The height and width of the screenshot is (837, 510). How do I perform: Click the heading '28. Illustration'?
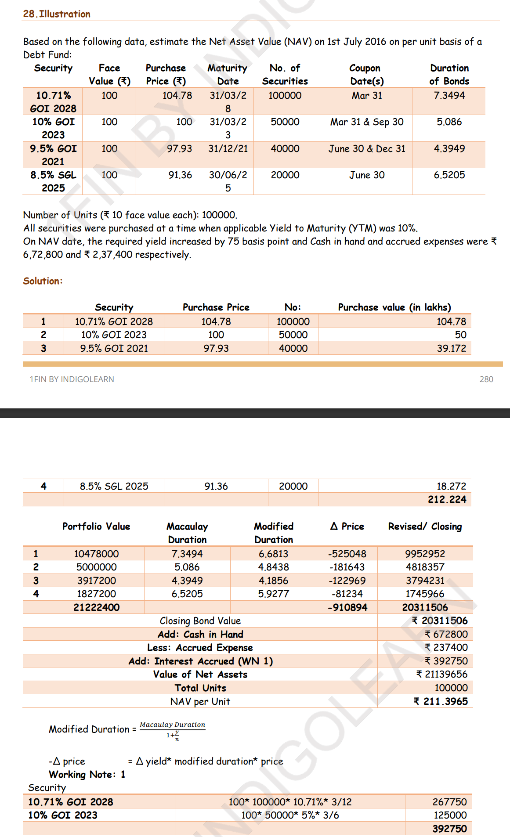[57, 14]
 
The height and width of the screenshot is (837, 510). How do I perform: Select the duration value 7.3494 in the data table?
[449, 95]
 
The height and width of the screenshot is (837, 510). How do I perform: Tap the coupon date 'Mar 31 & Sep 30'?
[367, 122]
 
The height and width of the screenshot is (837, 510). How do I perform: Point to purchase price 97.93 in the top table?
[179, 149]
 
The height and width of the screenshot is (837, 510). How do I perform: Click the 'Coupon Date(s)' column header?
[366, 75]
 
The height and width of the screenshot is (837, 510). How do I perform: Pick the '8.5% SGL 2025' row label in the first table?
[53, 181]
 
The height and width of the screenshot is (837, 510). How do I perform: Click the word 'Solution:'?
[43, 281]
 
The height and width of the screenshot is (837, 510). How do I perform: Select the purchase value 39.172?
[451, 348]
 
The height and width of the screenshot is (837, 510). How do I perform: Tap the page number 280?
[486, 379]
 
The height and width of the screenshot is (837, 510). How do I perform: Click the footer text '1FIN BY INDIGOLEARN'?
[72, 379]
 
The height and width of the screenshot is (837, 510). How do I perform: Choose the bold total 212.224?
[447, 499]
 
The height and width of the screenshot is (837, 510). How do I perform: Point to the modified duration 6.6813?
[273, 554]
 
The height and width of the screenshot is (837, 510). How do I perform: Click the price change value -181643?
[347, 567]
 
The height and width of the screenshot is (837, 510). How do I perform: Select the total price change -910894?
[347, 607]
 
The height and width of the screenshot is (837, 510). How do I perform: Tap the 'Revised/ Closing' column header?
[425, 527]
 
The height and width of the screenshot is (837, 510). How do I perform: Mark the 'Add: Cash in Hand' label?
[200, 635]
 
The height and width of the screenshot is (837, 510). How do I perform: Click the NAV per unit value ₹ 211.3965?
[441, 701]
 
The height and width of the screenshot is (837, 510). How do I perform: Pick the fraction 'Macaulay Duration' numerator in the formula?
[172, 725]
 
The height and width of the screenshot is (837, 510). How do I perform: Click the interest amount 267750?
[449, 802]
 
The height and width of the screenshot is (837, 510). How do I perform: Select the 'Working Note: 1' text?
[87, 775]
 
